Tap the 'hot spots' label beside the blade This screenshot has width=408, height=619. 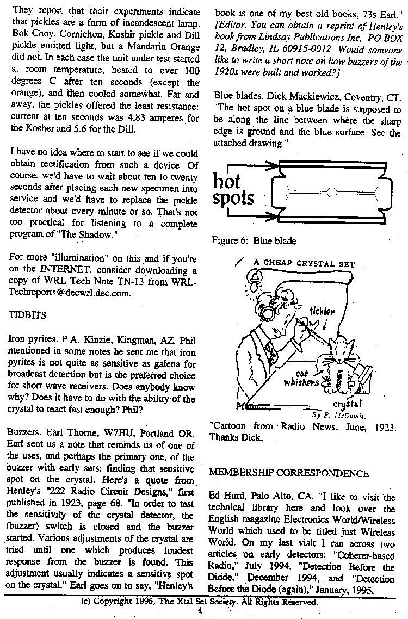click(234, 190)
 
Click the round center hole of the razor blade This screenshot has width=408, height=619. click(332, 191)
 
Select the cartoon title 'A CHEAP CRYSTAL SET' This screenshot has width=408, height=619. click(304, 264)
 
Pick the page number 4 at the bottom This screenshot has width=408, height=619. click(200, 611)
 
